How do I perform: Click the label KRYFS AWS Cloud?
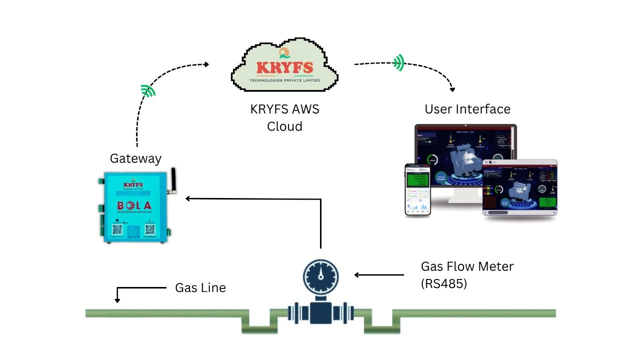[284, 117]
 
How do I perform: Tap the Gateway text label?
[135, 158]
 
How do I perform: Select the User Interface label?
[467, 109]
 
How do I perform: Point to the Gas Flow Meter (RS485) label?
[466, 275]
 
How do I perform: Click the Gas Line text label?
[200, 288]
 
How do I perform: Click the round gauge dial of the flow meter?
[320, 275]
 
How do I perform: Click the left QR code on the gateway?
[117, 229]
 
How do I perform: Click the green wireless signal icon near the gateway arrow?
[148, 90]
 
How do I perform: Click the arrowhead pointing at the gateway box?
[188, 198]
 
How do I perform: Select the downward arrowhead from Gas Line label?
[117, 300]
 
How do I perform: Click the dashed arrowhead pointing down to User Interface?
[452, 89]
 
